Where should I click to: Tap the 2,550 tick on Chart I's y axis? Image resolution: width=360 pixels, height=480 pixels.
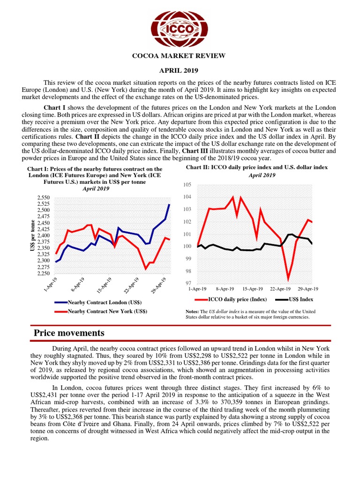(x=43, y=198)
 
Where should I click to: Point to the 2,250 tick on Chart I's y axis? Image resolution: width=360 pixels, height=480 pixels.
(x=43, y=273)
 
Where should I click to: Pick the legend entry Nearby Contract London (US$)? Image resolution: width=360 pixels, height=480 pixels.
(x=104, y=303)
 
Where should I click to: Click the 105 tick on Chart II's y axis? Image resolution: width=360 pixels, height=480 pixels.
(x=187, y=185)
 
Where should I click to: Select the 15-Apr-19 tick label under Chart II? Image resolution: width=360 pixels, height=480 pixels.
(x=254, y=289)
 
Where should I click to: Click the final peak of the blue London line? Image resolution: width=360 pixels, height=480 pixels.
(x=169, y=204)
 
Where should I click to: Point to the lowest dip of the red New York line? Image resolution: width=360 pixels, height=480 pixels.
(x=145, y=269)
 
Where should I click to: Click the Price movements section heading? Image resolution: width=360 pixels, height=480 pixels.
(x=69, y=333)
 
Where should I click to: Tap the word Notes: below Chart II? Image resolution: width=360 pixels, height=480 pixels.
(x=193, y=312)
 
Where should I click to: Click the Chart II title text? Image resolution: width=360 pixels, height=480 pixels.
(x=256, y=167)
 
